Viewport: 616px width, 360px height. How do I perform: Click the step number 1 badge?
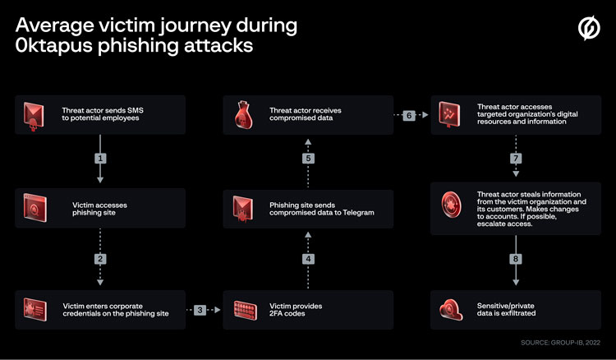click(100, 157)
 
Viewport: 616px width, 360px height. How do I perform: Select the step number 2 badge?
click(100, 259)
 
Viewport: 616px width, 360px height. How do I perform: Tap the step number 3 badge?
click(200, 310)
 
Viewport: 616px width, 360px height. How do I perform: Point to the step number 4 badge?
click(309, 259)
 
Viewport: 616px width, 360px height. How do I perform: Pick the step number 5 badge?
click(309, 157)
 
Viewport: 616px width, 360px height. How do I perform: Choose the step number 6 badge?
click(409, 115)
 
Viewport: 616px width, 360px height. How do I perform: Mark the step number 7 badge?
click(516, 157)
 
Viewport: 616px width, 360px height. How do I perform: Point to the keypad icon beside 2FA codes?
click(244, 310)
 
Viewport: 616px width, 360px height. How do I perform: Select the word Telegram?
click(356, 213)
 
